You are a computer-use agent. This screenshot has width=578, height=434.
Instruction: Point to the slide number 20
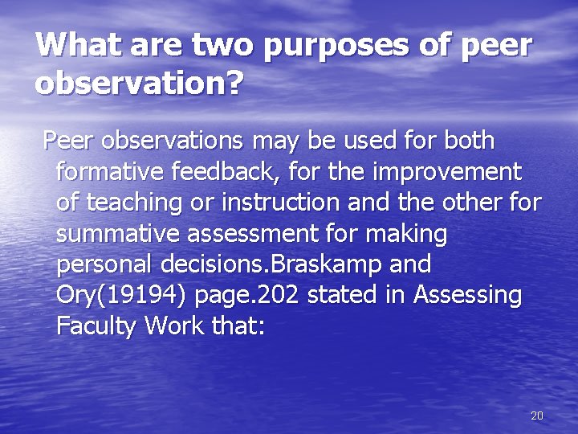tap(537, 416)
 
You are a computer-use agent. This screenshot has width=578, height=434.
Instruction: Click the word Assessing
tap(467, 296)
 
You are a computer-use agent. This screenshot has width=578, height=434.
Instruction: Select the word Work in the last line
tap(177, 325)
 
